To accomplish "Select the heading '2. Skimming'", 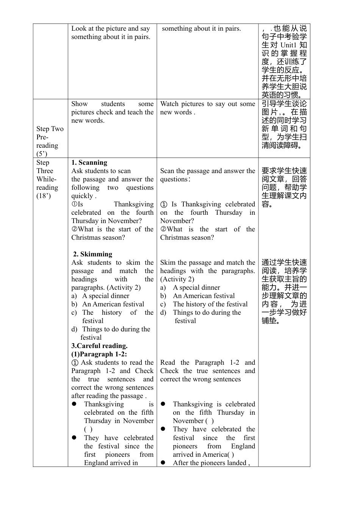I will tap(92, 254).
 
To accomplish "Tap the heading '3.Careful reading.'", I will tap(99, 346).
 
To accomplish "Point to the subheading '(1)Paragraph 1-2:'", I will tap(99, 354).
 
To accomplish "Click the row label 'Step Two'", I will tap(50, 129).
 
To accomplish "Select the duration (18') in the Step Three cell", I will tap(43, 196).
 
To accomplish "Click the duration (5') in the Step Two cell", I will tap(42, 154).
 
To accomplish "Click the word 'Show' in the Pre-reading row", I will tap(79, 104).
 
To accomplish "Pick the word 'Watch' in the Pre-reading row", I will tap(169, 104).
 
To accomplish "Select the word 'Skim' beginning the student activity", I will tap(167, 262).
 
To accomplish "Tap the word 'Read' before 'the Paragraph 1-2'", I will tap(167, 362).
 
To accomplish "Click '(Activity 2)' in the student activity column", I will tap(177, 279).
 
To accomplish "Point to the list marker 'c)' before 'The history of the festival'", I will tap(163, 304).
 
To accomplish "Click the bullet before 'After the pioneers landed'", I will tap(163, 462).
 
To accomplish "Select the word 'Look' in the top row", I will tap(79, 28).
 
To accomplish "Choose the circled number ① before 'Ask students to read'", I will tap(75, 362).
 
